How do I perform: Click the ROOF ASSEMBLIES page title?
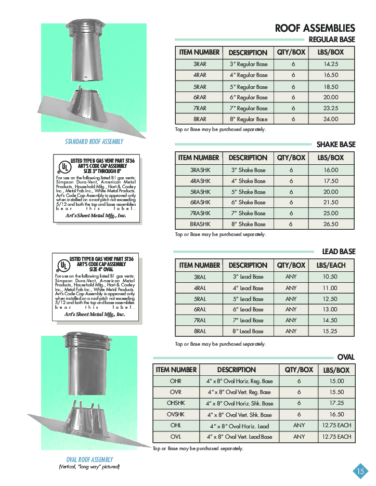(315, 28)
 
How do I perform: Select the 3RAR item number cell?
(200, 64)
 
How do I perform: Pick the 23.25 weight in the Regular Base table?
(330, 108)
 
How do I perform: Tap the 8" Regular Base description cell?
(248, 119)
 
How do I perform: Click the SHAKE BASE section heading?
(336, 144)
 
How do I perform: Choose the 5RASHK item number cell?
(200, 192)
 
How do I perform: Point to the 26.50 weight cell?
(330, 224)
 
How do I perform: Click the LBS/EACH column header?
(331, 265)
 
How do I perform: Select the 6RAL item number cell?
(200, 309)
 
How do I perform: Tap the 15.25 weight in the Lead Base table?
(330, 331)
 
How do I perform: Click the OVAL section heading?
(346, 357)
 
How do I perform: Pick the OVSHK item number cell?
(176, 414)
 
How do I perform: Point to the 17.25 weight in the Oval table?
(336, 403)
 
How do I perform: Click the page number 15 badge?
(360, 471)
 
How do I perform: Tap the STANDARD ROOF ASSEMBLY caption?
(94, 141)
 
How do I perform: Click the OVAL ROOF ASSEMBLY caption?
(89, 459)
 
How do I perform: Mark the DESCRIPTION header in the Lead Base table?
(248, 265)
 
